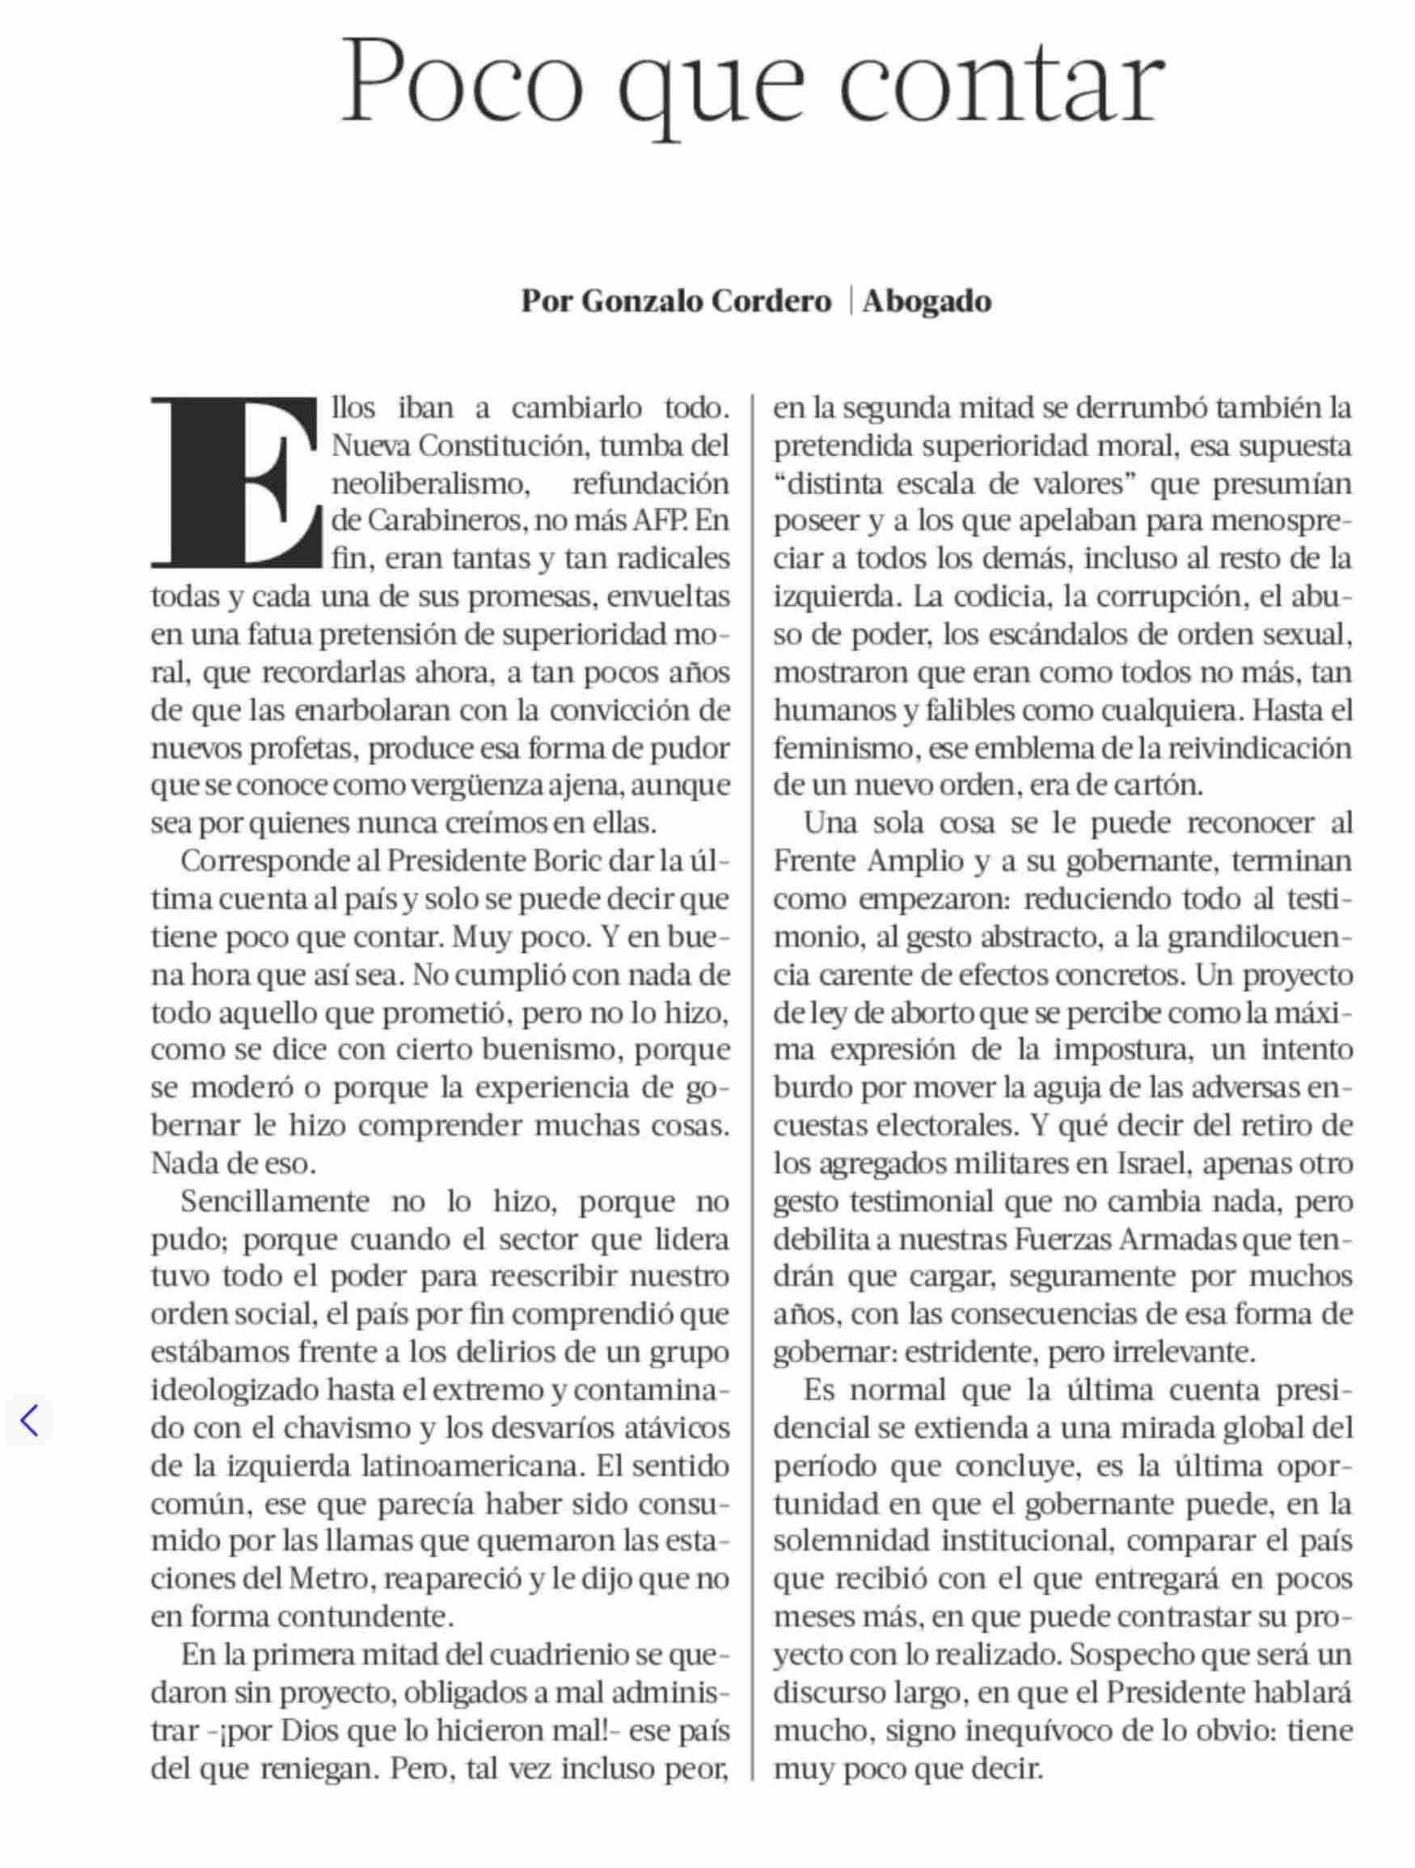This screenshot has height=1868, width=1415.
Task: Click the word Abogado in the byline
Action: click(x=927, y=302)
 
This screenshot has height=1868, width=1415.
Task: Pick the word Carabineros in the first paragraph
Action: click(x=425, y=521)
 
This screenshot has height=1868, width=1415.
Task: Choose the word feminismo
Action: click(x=847, y=748)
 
